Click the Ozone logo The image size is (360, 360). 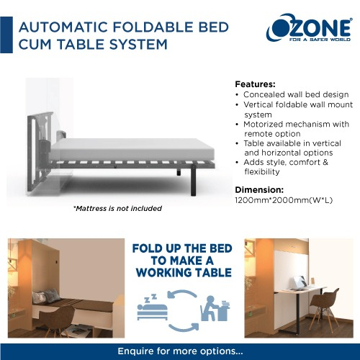pos(310,28)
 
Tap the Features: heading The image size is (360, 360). pos(255,84)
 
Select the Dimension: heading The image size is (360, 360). pos(259,190)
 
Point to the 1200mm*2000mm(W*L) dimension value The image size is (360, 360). pos(284,200)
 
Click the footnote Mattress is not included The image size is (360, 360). pos(117,208)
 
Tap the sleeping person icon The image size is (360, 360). pos(152,307)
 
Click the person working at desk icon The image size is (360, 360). pos(215,308)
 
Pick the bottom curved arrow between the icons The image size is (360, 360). pos(184,328)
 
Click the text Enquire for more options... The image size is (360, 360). pos(180,351)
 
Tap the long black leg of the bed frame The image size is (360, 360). pos(193,180)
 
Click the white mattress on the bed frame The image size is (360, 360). pos(132,149)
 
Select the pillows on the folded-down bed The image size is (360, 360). pos(46,296)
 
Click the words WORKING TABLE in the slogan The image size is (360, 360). pos(184,273)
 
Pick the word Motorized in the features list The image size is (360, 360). pos(263,125)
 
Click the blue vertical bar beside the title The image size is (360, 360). pos(6,35)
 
